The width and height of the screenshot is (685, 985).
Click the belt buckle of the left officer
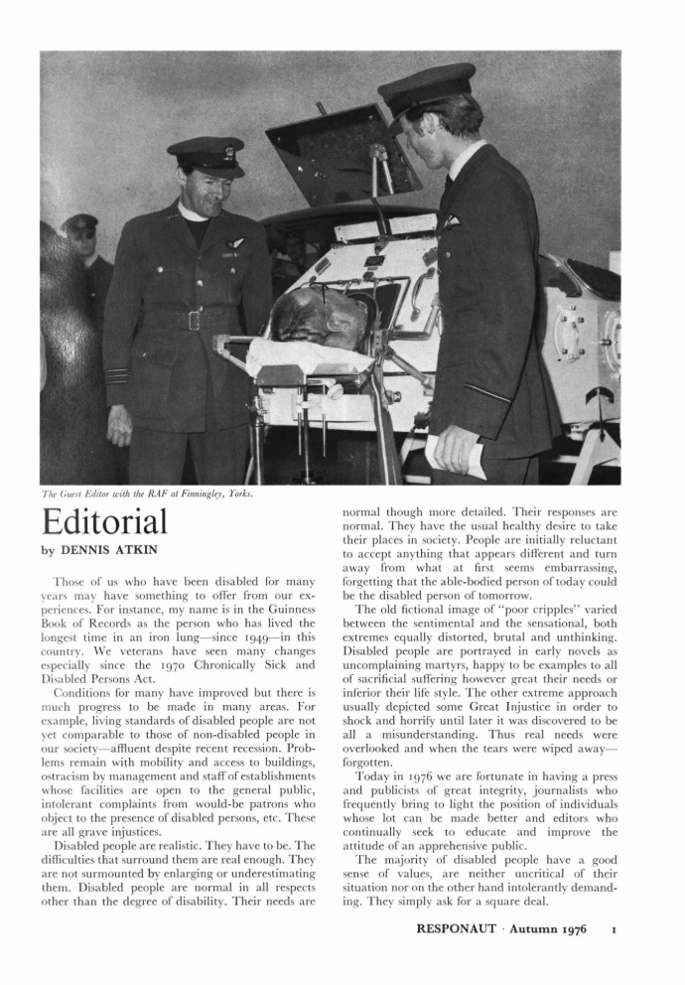(193, 320)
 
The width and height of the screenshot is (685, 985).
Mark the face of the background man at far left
(80, 239)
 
